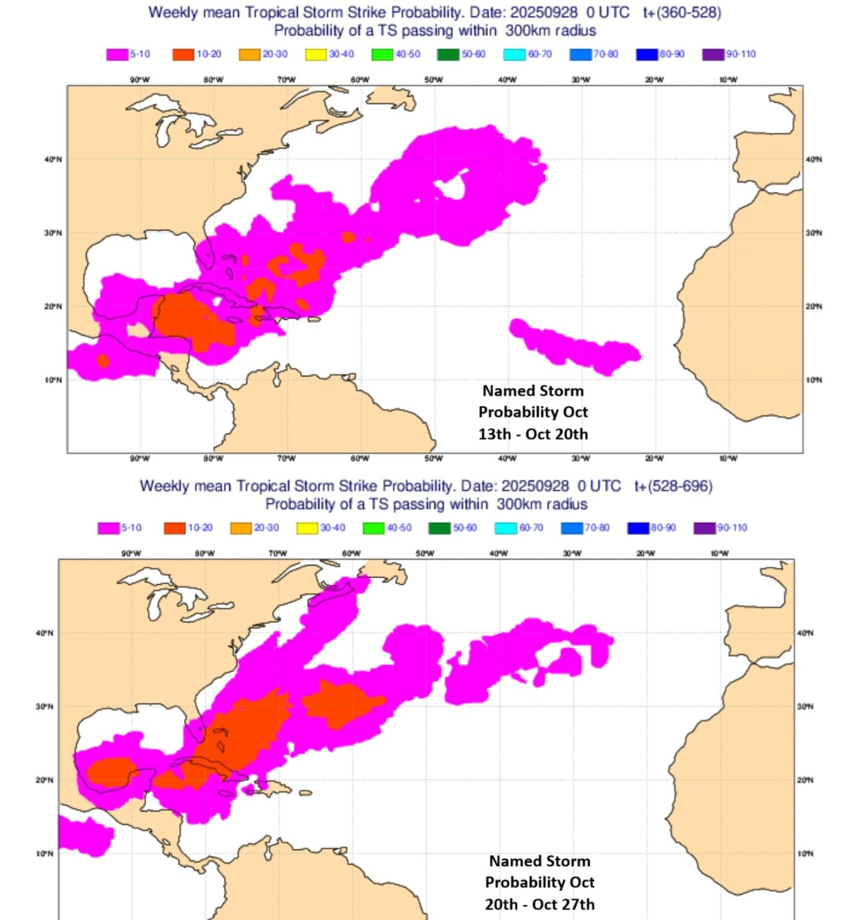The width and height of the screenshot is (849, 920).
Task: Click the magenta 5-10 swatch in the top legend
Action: pos(117,55)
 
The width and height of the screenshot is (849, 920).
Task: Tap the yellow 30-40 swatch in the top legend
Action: pos(316,55)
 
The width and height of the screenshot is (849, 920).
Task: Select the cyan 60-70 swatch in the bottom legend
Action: pos(506,528)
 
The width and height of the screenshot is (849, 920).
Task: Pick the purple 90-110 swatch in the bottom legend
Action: pos(704,528)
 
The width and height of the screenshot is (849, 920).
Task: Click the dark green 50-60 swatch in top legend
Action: pos(448,55)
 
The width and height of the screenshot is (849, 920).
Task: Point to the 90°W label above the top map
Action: pos(139,80)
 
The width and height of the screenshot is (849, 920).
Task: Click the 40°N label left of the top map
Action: pos(53,159)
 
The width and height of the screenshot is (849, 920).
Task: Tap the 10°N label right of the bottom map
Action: pos(805,853)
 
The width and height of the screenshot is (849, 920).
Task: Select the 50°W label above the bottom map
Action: pos(424,553)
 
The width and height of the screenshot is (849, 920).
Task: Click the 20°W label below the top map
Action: pos(654,459)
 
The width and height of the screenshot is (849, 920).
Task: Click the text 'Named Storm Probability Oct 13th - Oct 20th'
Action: pos(533,412)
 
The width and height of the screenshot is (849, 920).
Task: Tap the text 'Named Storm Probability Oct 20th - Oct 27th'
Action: pos(540,883)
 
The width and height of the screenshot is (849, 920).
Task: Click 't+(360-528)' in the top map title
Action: pos(682,12)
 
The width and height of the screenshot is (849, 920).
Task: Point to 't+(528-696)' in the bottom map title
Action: pos(673,486)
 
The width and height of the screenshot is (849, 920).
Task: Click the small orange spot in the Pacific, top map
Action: pos(103,361)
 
